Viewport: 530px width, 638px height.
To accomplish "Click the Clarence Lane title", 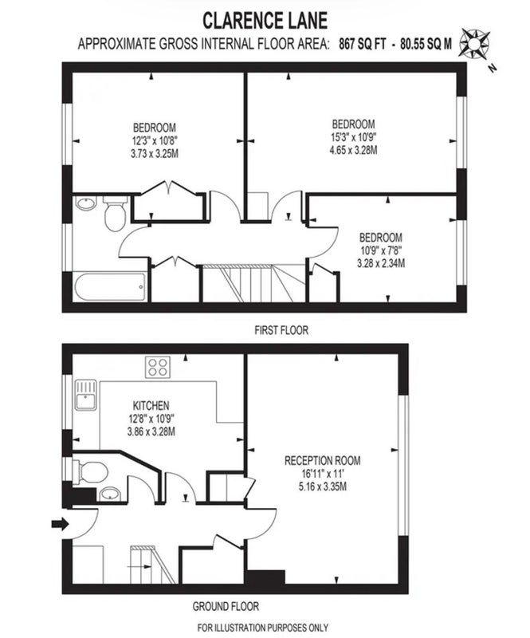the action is pos(265,21).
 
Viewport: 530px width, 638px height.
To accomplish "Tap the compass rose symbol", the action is pos(474,42).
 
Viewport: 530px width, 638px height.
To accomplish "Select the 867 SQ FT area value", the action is pos(363,44).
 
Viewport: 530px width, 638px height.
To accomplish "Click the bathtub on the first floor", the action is pos(110,287).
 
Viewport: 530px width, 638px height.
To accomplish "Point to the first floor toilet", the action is pos(115,213).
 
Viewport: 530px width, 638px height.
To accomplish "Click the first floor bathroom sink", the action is pos(86,203).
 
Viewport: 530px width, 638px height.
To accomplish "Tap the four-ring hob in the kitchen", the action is pos(158,367).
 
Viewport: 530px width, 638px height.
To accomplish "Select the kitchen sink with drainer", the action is pos(86,395).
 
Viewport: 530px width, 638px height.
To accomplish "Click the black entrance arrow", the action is pos(61,524).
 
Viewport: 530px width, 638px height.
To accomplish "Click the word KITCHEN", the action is pos(151,406).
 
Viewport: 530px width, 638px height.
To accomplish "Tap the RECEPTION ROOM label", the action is pos(322,461).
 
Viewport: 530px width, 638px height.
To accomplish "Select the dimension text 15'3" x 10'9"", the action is pos(354,137).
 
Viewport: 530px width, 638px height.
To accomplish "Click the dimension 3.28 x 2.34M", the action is pos(381,263).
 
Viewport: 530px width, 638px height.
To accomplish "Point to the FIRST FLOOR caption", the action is pos(281,330).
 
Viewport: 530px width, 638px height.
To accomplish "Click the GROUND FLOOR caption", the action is pos(226,607).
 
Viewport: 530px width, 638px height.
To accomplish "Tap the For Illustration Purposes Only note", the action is pos(263,628).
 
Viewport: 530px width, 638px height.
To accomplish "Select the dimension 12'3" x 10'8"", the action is pos(155,141).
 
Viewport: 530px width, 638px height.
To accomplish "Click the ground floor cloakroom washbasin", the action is pos(110,494).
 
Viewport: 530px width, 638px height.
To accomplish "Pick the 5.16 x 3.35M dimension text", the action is pos(323,486).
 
